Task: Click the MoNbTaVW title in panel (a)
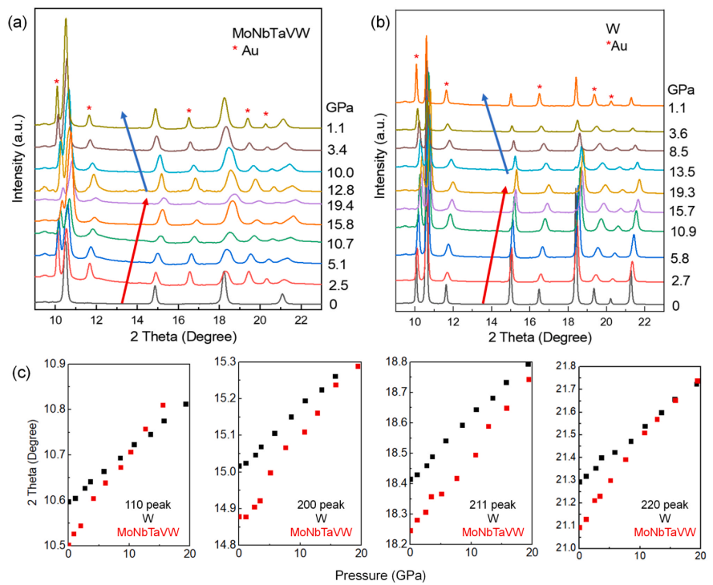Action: (x=271, y=33)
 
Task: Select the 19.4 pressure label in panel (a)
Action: (x=340, y=206)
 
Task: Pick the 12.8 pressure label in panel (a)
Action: (x=340, y=190)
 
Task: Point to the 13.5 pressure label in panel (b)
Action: (x=681, y=171)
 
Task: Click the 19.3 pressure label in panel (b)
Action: (x=681, y=192)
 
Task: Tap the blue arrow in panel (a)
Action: (x=134, y=151)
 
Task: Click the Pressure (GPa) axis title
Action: (x=381, y=575)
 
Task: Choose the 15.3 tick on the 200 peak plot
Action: (x=225, y=363)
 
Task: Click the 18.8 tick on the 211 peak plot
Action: (x=395, y=362)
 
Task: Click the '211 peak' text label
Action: (x=492, y=505)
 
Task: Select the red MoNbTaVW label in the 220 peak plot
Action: (x=665, y=532)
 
